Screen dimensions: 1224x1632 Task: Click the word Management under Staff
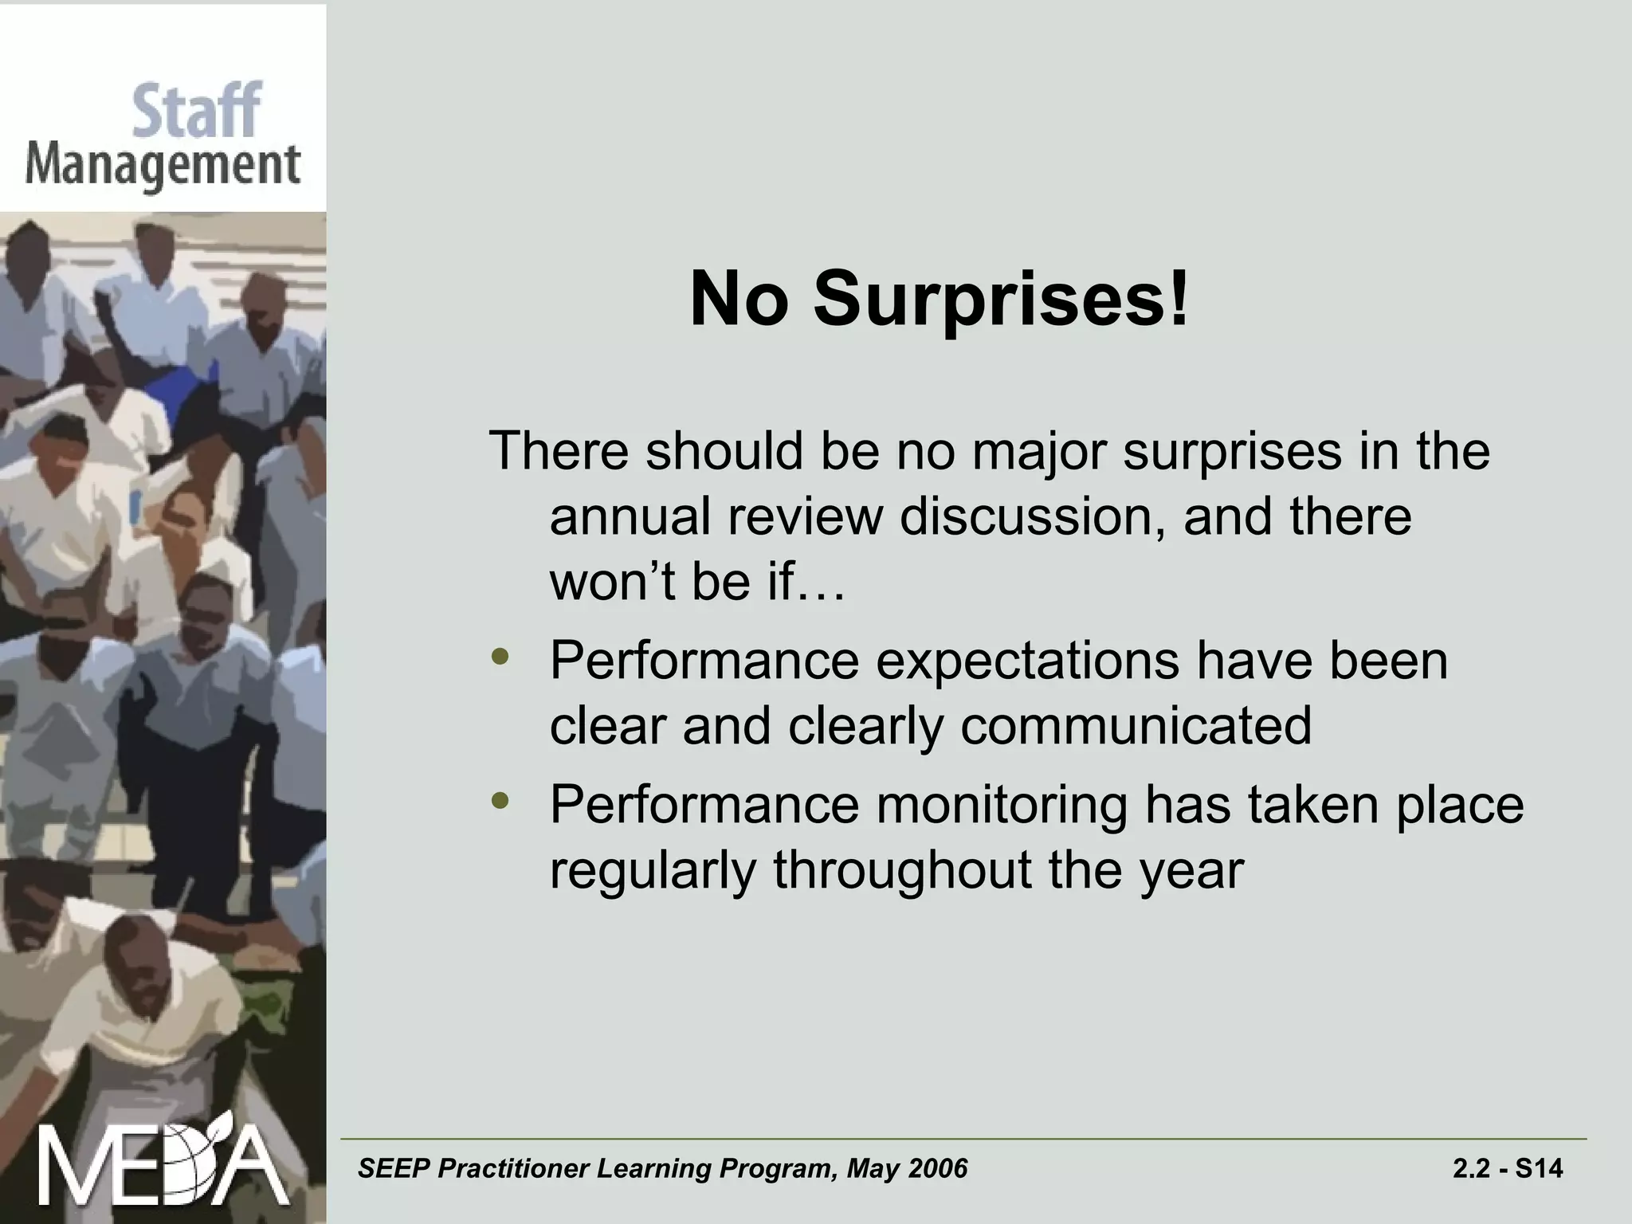(x=163, y=167)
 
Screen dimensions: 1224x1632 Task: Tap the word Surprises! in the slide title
(x=1001, y=300)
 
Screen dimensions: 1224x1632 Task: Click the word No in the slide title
(x=739, y=300)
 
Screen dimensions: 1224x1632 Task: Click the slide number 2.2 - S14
(x=1508, y=1168)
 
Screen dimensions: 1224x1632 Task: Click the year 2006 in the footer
(x=937, y=1168)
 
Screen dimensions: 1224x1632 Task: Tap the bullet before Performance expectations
(x=500, y=657)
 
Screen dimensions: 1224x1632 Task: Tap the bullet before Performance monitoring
(x=500, y=801)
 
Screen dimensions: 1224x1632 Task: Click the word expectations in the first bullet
(x=1027, y=661)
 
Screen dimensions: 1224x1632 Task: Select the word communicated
(x=1136, y=726)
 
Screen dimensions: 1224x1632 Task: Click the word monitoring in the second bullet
(x=1002, y=806)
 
